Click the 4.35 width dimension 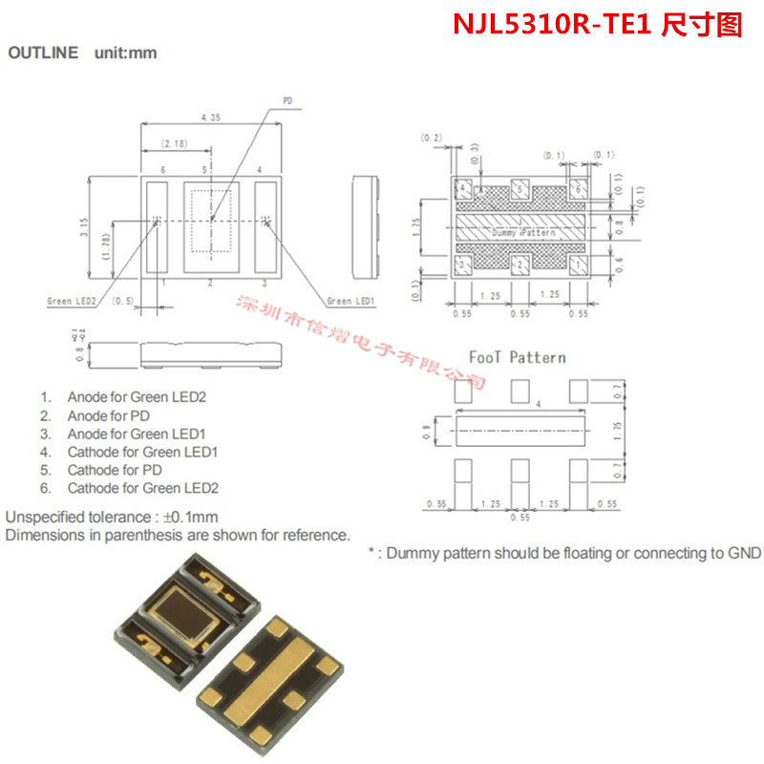tap(212, 117)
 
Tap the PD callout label tap(288, 99)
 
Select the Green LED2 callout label tap(72, 301)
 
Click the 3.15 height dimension tap(84, 227)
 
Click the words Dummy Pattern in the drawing tap(522, 233)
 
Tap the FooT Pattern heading tap(517, 357)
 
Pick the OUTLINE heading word tap(43, 53)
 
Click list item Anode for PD tap(108, 415)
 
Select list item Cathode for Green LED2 tap(142, 488)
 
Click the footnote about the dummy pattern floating tap(564, 553)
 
